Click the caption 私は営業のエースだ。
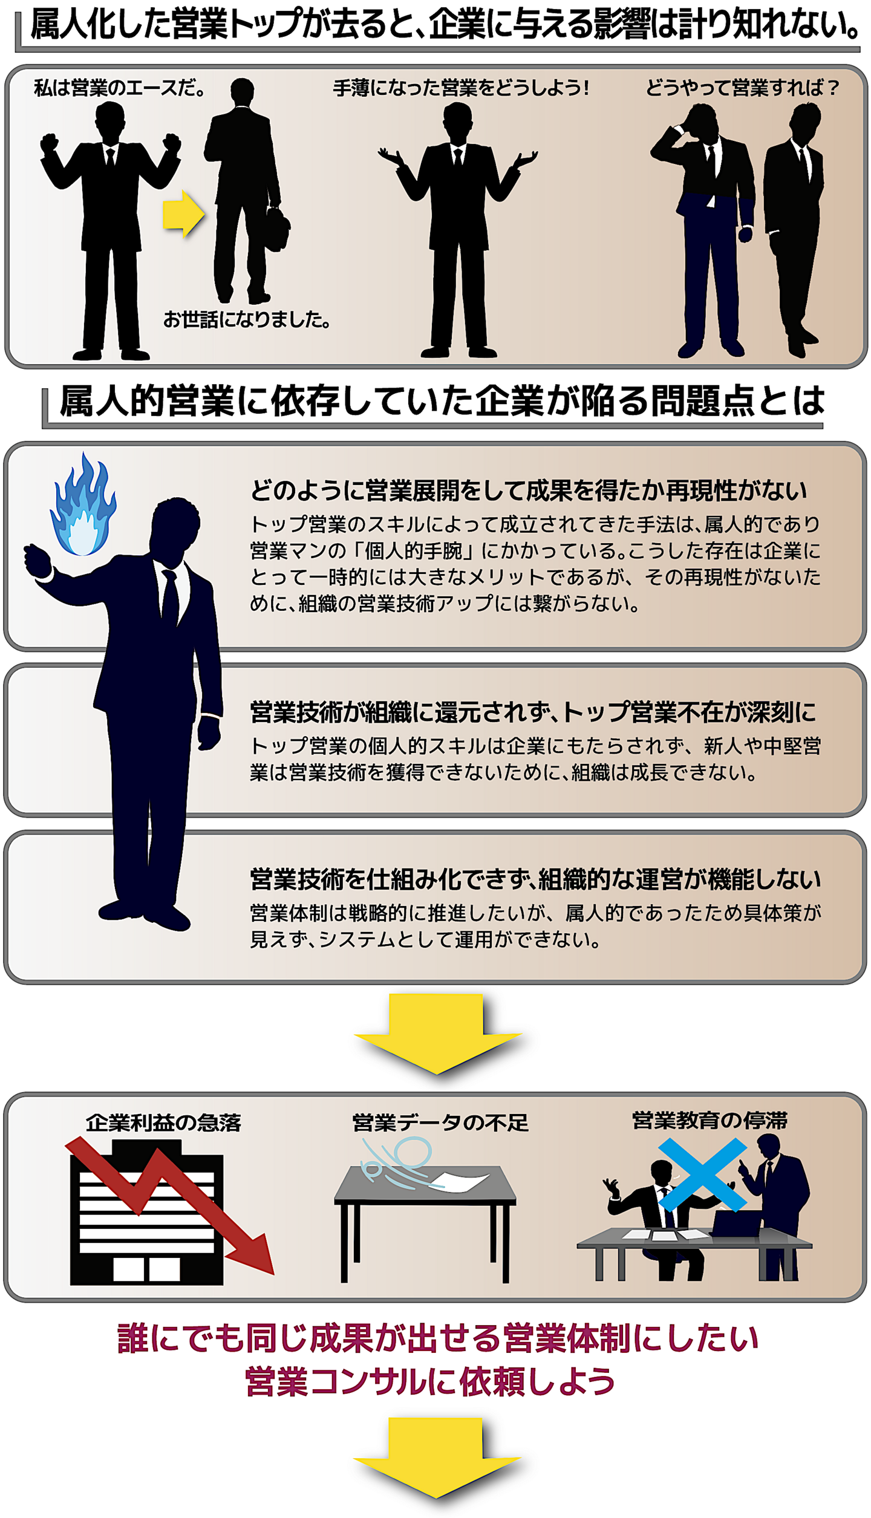click(x=119, y=88)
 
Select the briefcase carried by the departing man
click(x=277, y=228)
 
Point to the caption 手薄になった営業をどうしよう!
click(x=461, y=88)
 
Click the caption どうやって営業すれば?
click(x=743, y=88)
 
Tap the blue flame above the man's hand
click(x=83, y=505)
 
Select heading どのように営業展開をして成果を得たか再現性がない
click(x=528, y=490)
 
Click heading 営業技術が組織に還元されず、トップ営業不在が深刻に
click(x=533, y=712)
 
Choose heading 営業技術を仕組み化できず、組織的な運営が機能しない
click(x=535, y=879)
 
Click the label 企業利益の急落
click(x=163, y=1122)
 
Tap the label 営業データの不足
click(x=440, y=1122)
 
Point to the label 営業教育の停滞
click(x=710, y=1120)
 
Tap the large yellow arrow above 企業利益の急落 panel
click(x=437, y=1034)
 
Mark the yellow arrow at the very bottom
click(x=437, y=1458)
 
